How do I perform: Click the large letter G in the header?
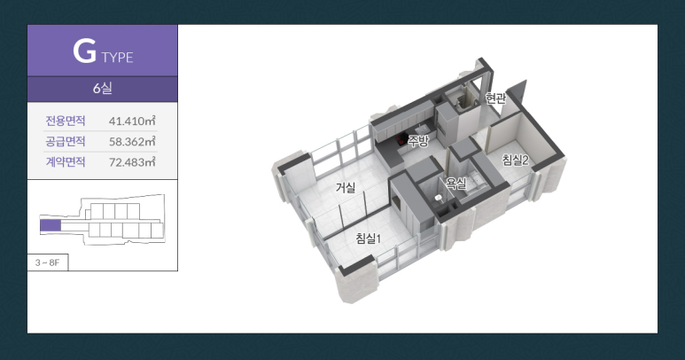84,51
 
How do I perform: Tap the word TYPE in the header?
118,58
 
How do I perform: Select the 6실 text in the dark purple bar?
102,89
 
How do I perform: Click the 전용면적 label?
66,121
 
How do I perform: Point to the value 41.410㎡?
132,121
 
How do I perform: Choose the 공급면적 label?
66,141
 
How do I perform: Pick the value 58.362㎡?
132,141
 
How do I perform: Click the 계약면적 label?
66,161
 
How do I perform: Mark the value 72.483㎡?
132,161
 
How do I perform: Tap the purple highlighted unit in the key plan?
51,225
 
